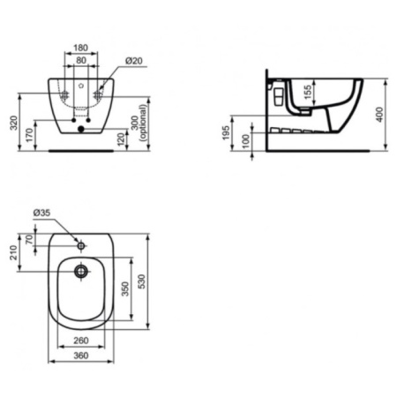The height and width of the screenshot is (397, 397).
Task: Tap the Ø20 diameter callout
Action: (134, 61)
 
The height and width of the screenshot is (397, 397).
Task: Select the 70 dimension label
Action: (30, 238)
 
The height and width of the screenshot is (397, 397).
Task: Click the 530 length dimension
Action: (151, 281)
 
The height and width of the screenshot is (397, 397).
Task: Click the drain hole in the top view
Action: (81, 272)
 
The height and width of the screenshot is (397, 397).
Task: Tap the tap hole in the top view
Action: (81, 240)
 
